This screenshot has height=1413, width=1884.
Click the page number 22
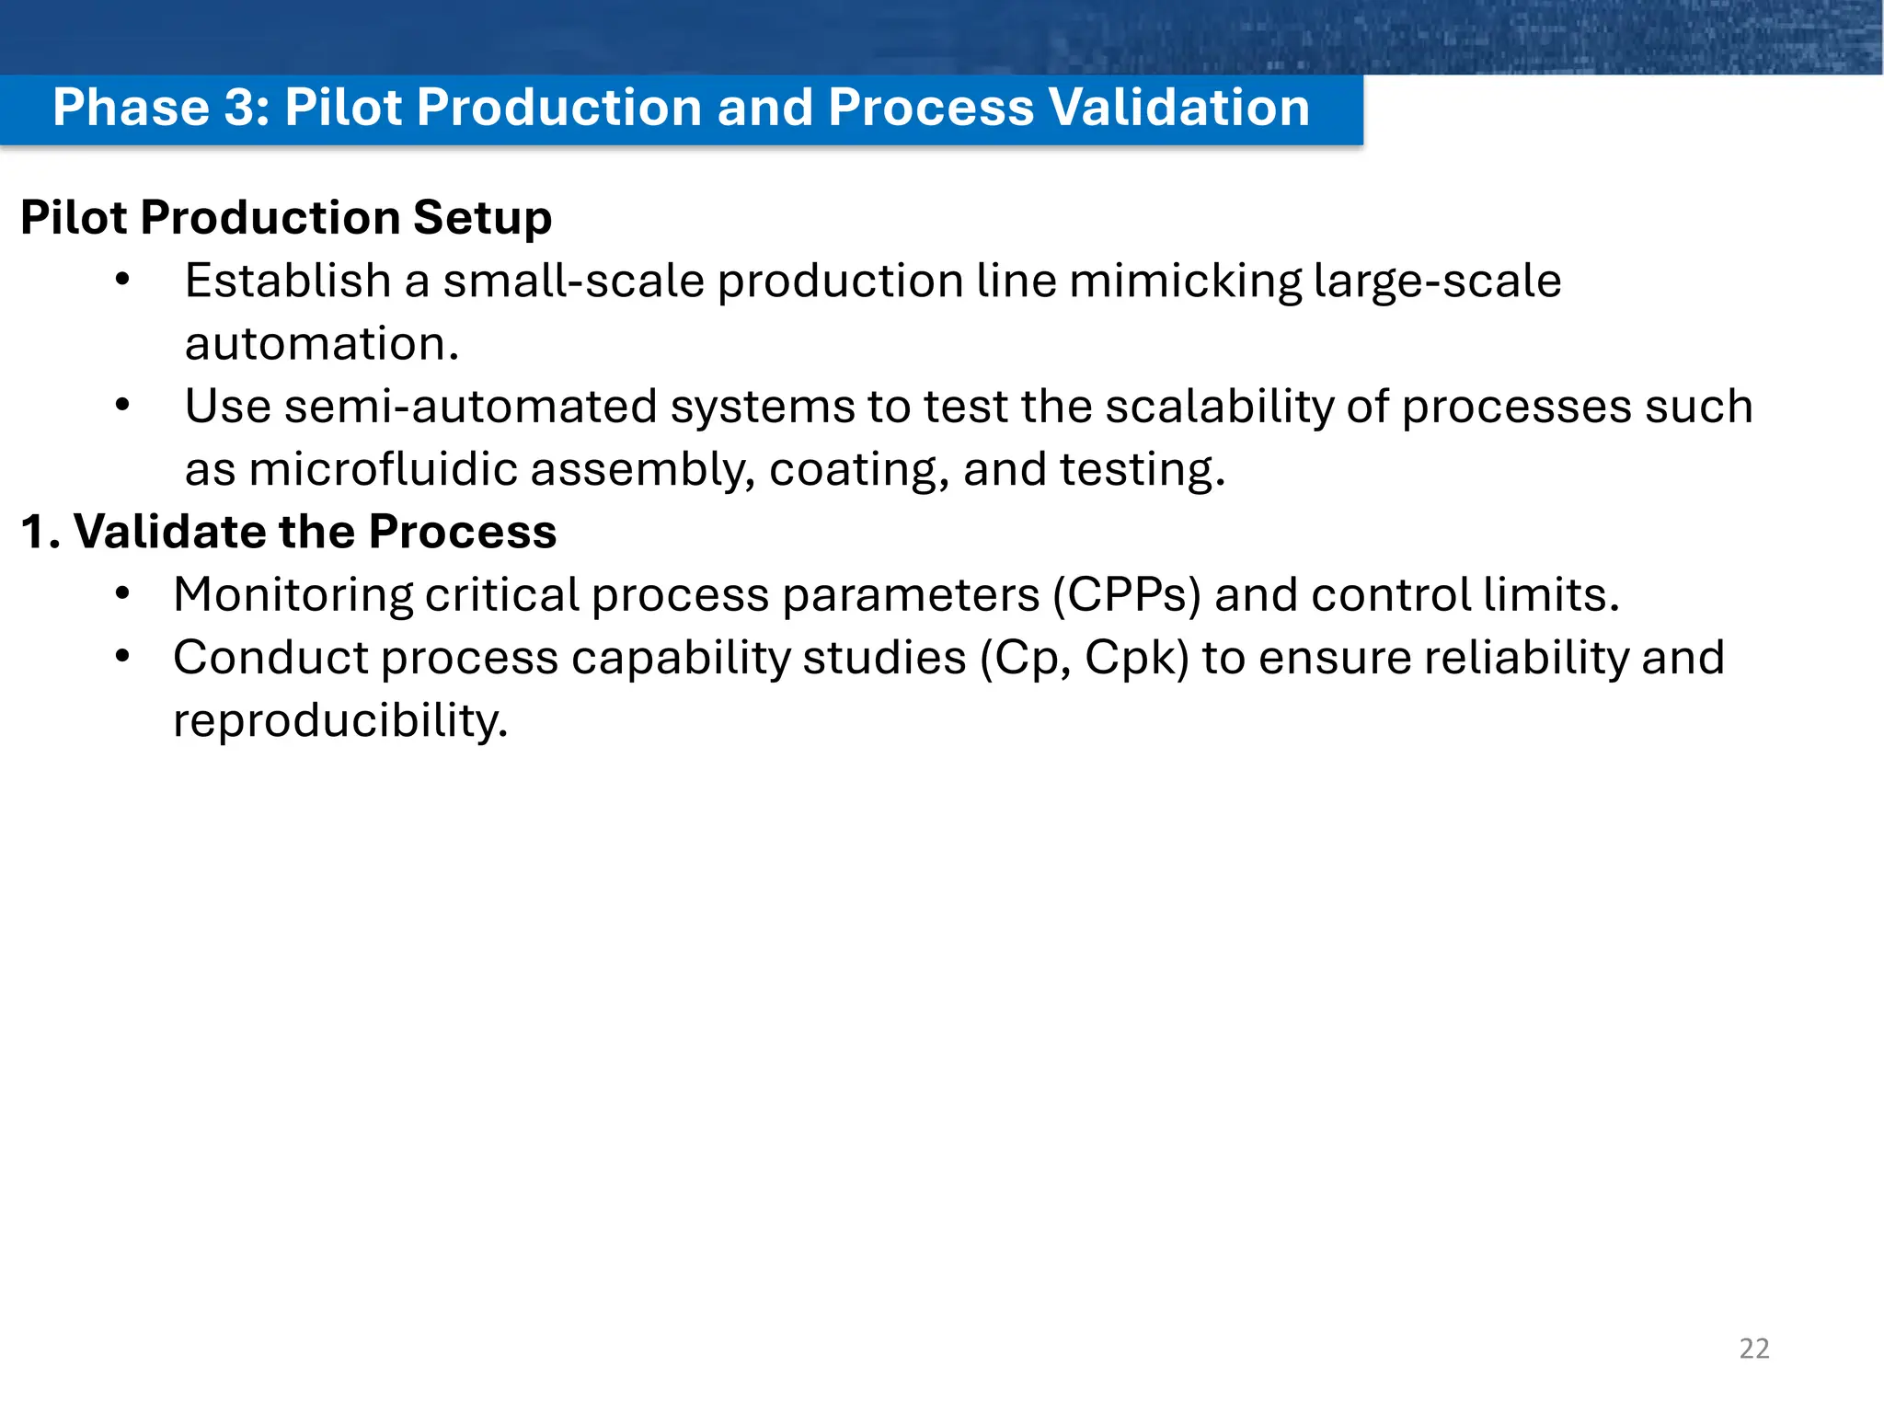pos(1753,1349)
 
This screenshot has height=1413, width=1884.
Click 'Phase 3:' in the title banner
pos(161,108)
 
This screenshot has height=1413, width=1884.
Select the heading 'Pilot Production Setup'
pos(286,218)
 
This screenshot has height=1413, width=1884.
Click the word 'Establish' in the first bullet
pos(288,281)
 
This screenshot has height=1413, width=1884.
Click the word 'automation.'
pos(321,344)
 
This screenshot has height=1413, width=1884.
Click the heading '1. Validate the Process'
pos(288,532)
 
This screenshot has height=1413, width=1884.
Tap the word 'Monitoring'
pos(293,595)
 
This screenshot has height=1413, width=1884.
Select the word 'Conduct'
pos(270,658)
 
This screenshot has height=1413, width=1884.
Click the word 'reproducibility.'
pos(340,720)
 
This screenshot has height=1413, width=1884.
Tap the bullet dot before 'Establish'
pos(122,281)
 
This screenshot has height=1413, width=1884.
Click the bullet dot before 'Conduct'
pos(122,657)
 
